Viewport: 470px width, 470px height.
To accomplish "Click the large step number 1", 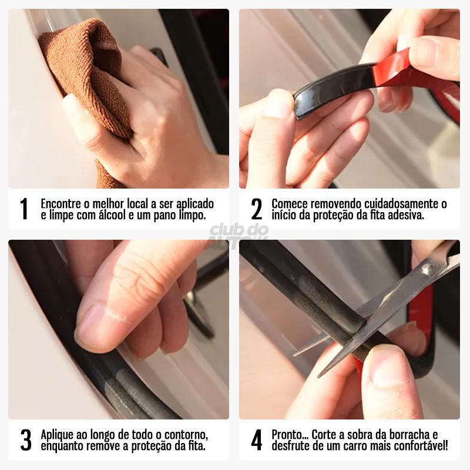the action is pos(23,209).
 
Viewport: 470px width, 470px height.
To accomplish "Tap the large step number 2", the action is pos(257,209).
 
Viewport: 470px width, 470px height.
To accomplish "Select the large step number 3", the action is pos(26,440).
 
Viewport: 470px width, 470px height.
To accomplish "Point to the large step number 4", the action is pos(257,440).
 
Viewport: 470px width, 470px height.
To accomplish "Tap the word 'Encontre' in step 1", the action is pos(61,204).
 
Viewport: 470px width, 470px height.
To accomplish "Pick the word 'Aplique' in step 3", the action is pos(56,435).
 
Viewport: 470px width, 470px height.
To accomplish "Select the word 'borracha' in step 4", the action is pos(409,435).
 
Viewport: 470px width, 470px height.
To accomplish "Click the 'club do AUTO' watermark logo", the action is pos(239,234).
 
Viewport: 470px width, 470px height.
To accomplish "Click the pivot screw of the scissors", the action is pos(426,270).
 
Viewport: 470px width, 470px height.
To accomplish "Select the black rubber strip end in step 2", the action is pos(303,105).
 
